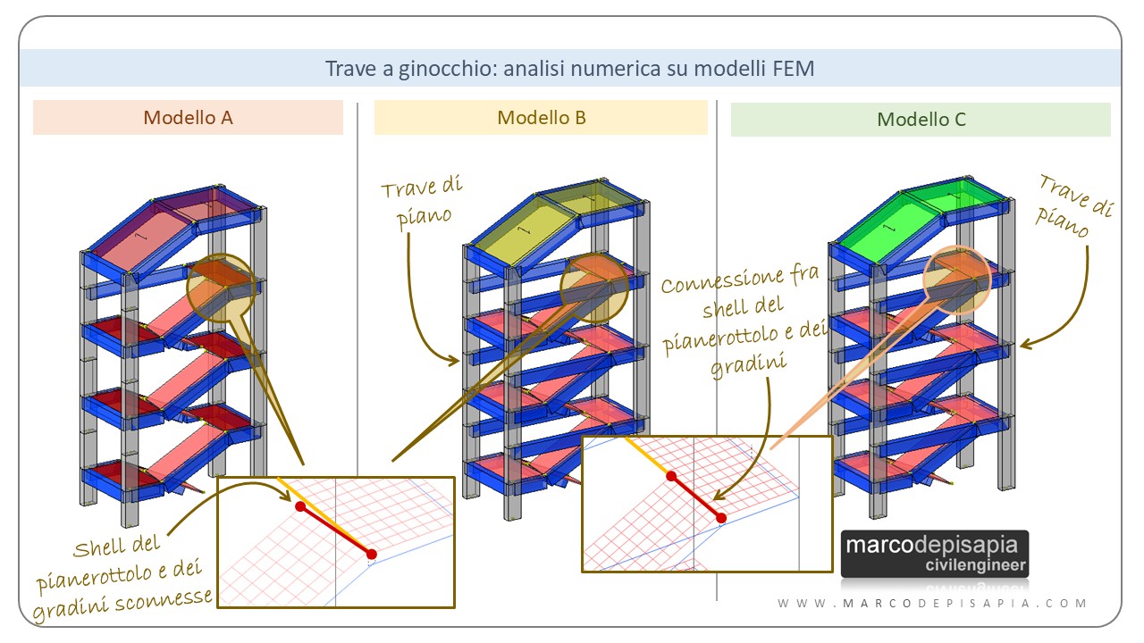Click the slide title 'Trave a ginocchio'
click(570, 69)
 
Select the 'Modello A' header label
click(189, 117)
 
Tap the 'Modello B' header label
click(542, 117)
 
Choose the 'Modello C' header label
click(921, 119)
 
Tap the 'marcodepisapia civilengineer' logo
click(935, 554)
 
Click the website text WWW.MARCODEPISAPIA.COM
click(932, 604)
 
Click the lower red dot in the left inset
click(371, 555)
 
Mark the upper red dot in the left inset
click(299, 506)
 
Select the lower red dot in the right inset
click(720, 517)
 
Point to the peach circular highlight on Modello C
click(957, 277)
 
